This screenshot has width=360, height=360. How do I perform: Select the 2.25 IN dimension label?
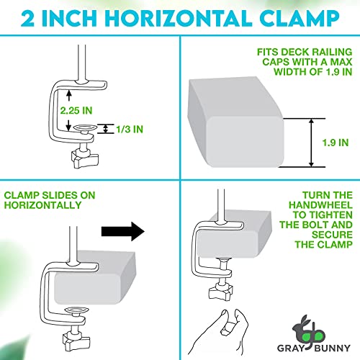click(x=76, y=111)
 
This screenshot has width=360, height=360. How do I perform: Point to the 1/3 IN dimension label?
click(x=130, y=130)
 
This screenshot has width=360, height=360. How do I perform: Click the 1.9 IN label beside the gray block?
click(x=336, y=143)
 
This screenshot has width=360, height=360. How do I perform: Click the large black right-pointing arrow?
click(x=123, y=232)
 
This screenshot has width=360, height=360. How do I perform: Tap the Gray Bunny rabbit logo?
click(x=308, y=331)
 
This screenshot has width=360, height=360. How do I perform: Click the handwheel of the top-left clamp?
click(x=85, y=158)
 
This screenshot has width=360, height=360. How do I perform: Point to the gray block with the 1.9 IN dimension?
click(x=236, y=122)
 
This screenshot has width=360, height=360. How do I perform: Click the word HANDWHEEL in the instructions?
click(x=320, y=205)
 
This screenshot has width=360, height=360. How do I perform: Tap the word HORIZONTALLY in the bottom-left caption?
click(x=42, y=205)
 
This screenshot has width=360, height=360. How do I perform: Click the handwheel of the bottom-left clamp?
click(x=76, y=341)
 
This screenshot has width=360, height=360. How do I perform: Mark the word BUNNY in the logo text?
click(x=332, y=348)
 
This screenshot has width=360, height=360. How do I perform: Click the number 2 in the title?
click(x=27, y=18)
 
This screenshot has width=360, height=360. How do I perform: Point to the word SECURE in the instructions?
click(x=332, y=235)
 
